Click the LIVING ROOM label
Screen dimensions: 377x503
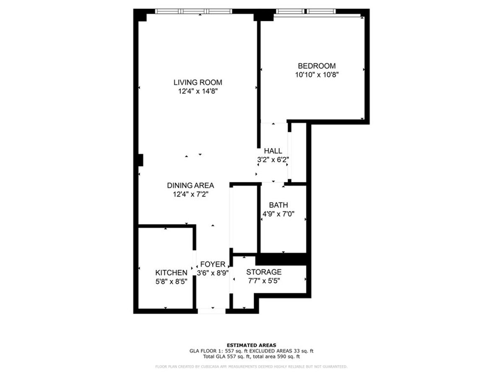198,83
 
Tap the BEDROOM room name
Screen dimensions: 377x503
316,66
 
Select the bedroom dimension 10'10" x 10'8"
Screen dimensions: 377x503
316,75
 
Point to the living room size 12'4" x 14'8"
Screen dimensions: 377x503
198,91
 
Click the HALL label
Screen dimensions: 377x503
273,151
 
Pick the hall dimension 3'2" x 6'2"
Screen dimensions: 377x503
273,160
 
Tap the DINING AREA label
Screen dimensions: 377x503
190,185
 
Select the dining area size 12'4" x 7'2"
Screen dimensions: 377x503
190,194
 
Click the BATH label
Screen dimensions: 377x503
278,205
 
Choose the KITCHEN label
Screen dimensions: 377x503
171,273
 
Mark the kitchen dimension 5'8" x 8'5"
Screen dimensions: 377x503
171,281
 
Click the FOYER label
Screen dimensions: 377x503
213,264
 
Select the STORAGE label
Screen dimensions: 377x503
264,272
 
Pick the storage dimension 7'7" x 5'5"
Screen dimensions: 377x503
264,281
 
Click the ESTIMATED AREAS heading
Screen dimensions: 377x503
251,345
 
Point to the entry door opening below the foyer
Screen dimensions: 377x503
212,311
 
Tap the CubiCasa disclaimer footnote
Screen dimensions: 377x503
251,367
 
